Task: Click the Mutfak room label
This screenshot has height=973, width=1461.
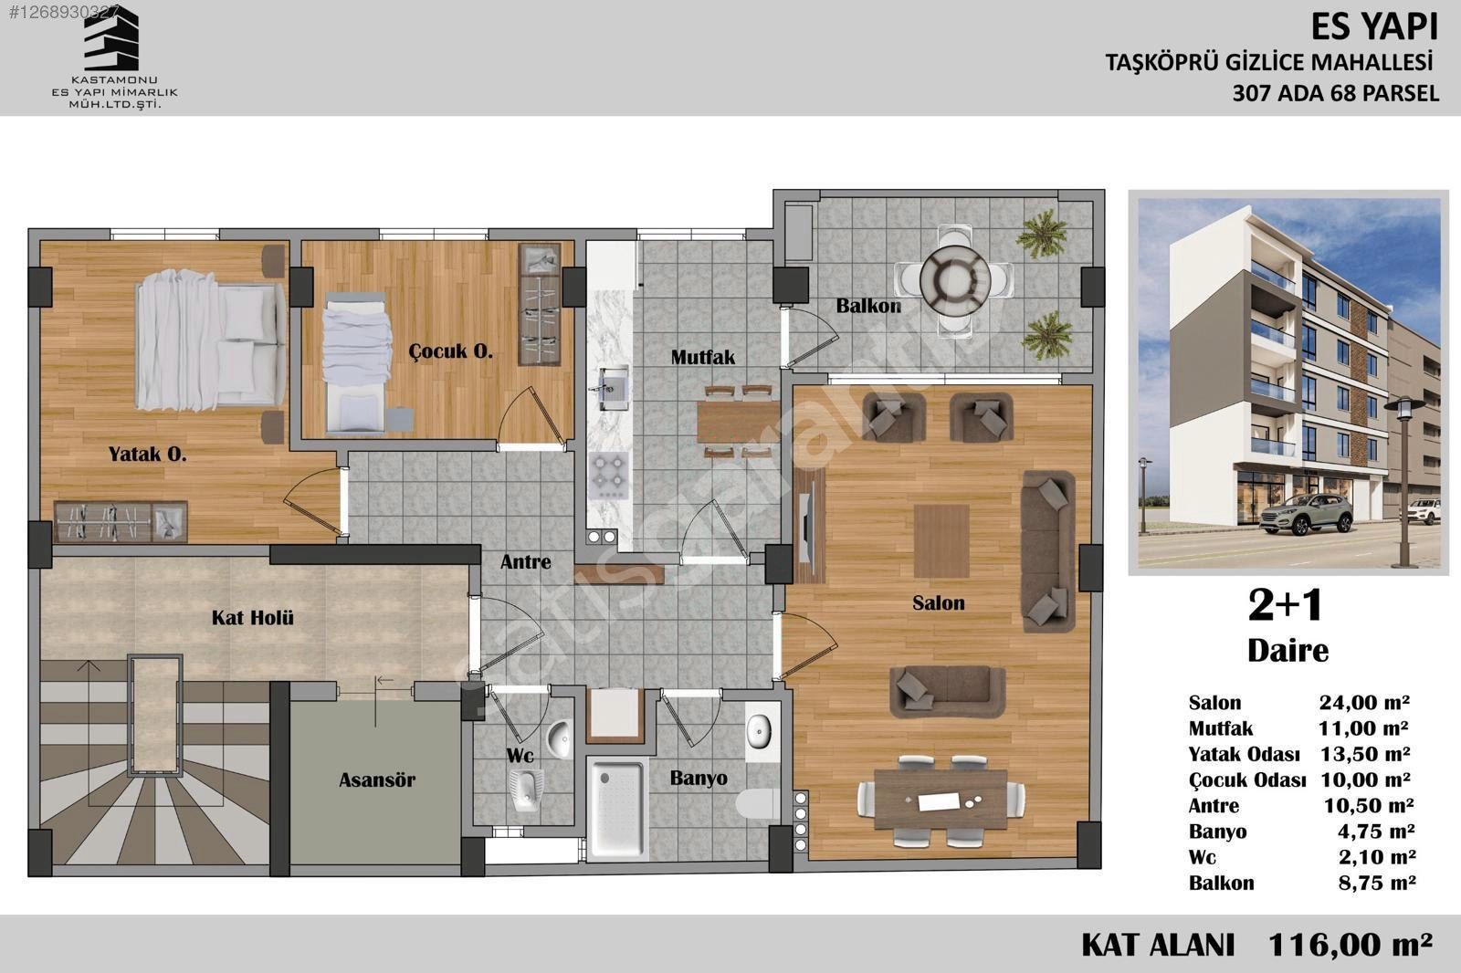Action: coord(702,358)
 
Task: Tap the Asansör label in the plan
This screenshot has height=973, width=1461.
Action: coord(377,779)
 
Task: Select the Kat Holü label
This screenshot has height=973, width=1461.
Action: coord(252,617)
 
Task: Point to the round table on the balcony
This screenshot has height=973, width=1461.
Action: coord(955,280)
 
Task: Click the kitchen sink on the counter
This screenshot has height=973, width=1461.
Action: coord(611,387)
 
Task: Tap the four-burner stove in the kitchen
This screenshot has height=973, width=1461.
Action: coord(608,476)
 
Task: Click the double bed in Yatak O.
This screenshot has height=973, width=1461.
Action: coord(210,340)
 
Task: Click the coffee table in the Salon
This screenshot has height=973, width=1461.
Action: coord(941,540)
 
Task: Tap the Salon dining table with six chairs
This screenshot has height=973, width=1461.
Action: coord(941,800)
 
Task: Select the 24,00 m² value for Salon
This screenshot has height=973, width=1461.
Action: coord(1364,702)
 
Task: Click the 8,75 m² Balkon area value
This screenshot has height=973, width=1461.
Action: coord(1376,883)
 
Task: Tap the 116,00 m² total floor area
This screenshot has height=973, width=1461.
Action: coord(1351,944)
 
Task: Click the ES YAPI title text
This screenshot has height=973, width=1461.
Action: coord(1374,27)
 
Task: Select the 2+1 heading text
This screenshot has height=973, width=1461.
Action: coord(1286,605)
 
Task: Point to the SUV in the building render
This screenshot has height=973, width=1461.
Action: coord(1306,514)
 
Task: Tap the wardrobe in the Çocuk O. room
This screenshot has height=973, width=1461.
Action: coord(540,305)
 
